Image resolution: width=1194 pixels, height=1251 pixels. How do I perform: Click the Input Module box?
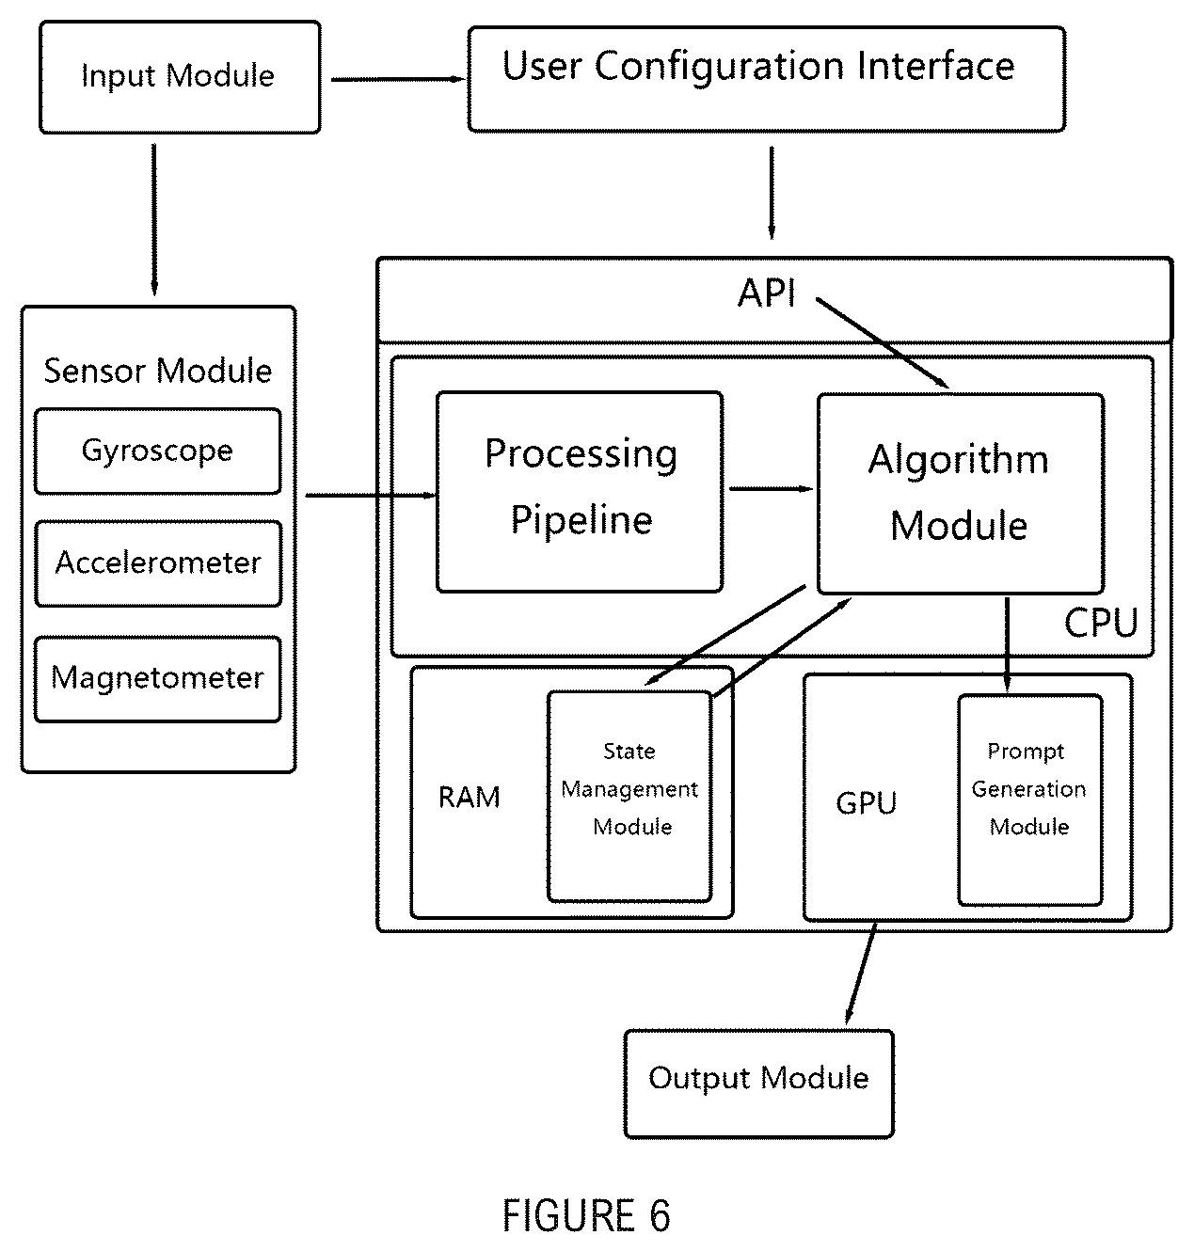(x=181, y=77)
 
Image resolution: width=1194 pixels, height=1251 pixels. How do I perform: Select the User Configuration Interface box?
(x=767, y=79)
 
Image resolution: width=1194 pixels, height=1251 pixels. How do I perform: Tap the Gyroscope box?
(x=158, y=451)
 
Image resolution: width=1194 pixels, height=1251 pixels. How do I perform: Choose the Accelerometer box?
(x=159, y=563)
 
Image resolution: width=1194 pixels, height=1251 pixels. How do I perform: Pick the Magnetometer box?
(x=158, y=679)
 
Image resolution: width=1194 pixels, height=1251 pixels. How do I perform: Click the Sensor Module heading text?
(x=158, y=371)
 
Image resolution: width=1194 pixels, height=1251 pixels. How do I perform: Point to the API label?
(x=767, y=293)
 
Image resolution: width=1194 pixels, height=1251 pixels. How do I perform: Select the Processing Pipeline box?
(x=580, y=492)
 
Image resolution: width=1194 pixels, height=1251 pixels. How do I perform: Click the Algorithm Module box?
(x=961, y=494)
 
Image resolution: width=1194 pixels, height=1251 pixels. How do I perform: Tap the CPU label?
(x=1101, y=623)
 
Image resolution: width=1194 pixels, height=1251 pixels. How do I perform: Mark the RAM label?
(x=470, y=798)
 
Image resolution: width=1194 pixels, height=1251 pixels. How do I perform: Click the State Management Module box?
(x=629, y=796)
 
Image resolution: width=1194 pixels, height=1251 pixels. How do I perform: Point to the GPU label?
(x=866, y=803)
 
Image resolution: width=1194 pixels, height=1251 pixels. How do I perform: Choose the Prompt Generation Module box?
(x=1030, y=800)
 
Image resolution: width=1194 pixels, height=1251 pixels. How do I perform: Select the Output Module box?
(x=759, y=1084)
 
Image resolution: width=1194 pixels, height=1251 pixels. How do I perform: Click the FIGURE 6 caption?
(x=586, y=1214)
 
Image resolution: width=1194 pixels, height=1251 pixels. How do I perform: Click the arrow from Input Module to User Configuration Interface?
(x=399, y=80)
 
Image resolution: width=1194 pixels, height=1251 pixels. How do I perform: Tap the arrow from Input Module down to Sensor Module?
(x=154, y=220)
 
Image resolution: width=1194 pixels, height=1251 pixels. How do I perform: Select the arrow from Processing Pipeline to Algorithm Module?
(x=772, y=489)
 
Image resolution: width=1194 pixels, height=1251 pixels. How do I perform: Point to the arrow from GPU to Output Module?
(x=861, y=974)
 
